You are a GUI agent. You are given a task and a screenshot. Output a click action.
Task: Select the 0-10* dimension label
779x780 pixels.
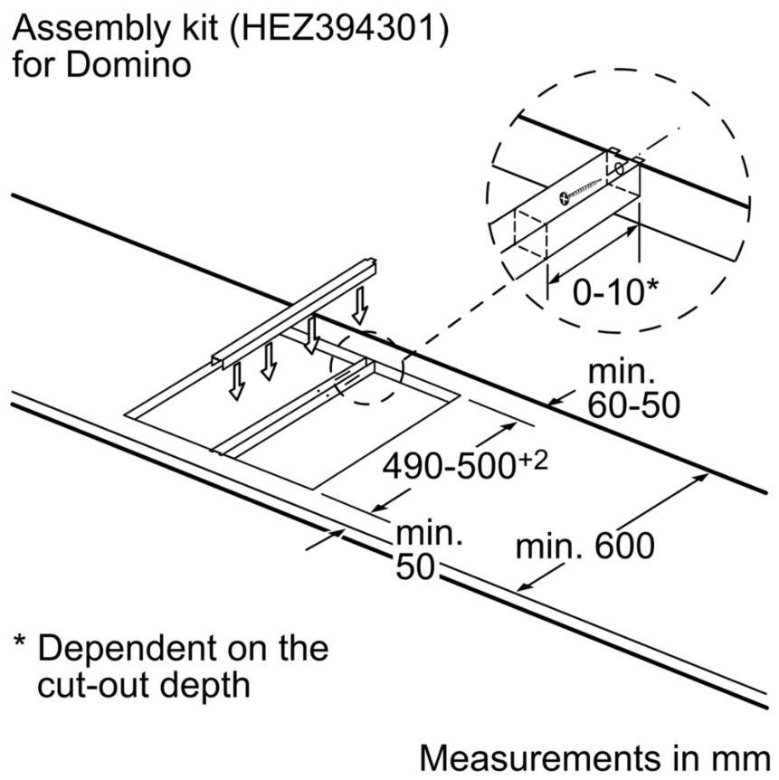tap(614, 292)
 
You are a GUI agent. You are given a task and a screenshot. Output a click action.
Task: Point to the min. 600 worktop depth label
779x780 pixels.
tap(584, 547)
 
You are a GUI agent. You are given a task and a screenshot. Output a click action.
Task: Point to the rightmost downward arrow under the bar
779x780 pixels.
tap(361, 309)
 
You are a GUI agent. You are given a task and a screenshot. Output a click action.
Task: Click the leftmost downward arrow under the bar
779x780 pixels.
tap(236, 384)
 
